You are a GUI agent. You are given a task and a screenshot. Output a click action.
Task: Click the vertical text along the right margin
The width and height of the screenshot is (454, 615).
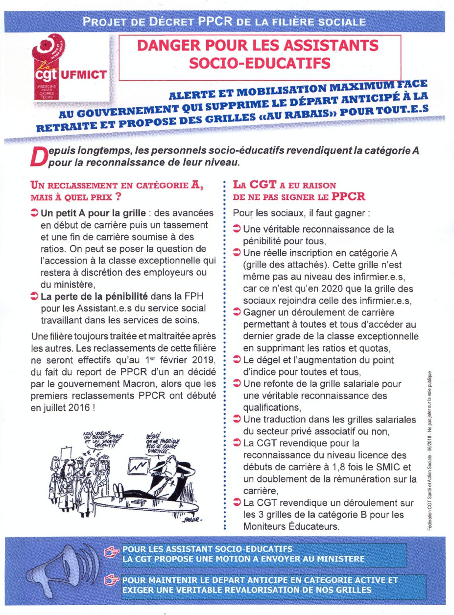point(436,446)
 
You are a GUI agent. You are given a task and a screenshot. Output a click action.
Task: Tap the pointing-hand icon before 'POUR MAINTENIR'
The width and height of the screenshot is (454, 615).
point(113,581)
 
